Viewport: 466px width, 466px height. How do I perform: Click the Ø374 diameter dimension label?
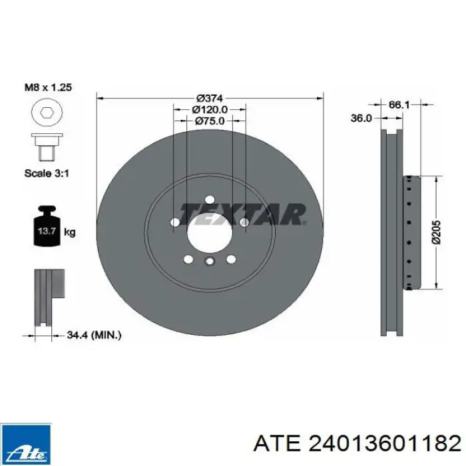click(x=210, y=98)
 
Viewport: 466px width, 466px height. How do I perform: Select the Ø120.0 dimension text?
click(x=210, y=110)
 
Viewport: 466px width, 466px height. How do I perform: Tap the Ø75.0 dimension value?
click(x=210, y=121)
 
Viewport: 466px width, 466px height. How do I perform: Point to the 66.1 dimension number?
click(x=399, y=105)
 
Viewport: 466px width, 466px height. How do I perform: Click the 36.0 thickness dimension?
click(x=361, y=118)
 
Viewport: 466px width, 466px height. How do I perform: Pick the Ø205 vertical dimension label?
click(x=437, y=232)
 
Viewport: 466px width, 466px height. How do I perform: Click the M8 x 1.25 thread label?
click(x=48, y=87)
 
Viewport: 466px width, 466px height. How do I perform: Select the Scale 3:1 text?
click(x=47, y=173)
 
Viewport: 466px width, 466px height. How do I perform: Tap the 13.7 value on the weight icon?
click(x=47, y=231)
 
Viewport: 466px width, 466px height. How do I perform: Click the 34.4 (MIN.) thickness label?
click(x=94, y=336)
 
